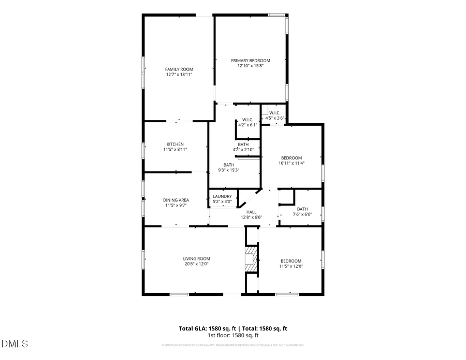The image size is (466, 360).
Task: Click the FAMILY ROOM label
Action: tap(179, 69)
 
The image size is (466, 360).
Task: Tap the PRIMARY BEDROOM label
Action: tap(251, 61)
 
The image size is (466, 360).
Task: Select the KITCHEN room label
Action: tap(175, 144)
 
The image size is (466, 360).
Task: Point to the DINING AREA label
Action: tap(177, 200)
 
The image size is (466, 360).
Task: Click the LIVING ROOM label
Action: tap(196, 258)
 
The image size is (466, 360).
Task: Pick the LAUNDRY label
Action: tap(223, 196)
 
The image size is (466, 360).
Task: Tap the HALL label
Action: tap(251, 212)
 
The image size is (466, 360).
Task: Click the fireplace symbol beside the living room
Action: tap(251, 257)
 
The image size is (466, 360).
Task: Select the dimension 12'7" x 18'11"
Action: tap(179, 75)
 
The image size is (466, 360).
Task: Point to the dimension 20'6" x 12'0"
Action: tap(196, 264)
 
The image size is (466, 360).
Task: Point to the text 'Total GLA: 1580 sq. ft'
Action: tap(207, 328)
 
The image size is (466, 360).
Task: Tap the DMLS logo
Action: tap(15, 343)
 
